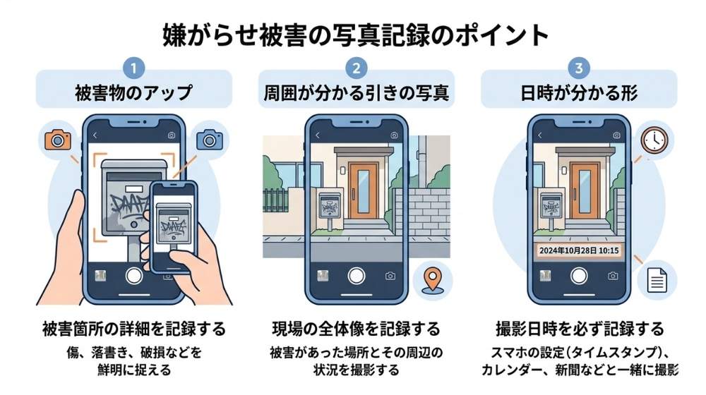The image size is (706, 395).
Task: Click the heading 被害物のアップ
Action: tap(134, 92)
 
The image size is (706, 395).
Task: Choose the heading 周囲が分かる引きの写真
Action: tap(356, 92)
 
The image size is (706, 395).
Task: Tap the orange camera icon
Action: tap(57, 139)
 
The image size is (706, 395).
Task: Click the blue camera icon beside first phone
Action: tap(210, 139)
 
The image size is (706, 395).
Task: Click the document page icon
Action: tap(652, 280)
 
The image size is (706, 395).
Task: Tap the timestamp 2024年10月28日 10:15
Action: tap(578, 250)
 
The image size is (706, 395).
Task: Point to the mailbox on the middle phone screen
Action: tap(329, 206)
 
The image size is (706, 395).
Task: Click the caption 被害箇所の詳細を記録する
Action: tap(133, 329)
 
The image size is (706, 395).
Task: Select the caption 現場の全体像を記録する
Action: tap(356, 329)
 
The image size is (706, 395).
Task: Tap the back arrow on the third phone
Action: tap(540, 135)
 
